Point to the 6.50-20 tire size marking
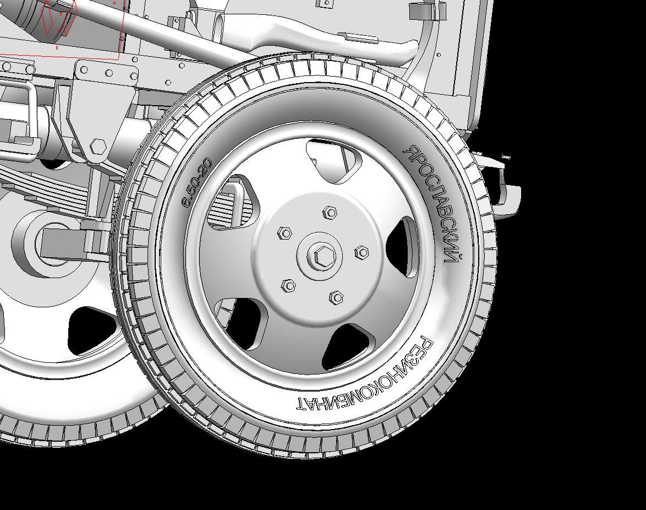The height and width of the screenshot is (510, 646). coord(197,181)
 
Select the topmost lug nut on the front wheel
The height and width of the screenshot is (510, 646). coord(330,213)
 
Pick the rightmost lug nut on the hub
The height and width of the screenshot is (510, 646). coord(362,252)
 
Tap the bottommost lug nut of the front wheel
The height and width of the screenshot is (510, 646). coord(336,297)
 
